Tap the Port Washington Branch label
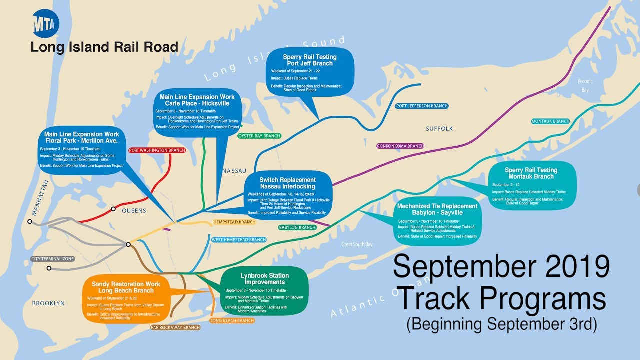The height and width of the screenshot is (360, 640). (157, 150)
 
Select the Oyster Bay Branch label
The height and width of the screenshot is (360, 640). (259, 136)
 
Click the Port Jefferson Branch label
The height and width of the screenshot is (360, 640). (421, 106)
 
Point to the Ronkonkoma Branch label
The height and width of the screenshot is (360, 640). (400, 146)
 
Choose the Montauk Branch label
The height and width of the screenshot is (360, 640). (550, 121)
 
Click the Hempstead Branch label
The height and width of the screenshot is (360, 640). (234, 222)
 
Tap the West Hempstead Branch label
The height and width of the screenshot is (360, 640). (239, 240)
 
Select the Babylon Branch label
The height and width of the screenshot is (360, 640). (297, 227)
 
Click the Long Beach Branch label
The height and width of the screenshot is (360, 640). (232, 320)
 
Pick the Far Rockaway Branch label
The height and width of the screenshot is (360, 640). (175, 328)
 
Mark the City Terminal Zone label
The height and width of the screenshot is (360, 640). (52, 259)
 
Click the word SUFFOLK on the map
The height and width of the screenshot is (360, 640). (439, 129)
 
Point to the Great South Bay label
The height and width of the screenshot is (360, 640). (357, 244)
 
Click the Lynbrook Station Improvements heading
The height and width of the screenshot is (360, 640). (264, 279)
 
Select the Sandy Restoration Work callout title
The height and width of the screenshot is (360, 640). (126, 287)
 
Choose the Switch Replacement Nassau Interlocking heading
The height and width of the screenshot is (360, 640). (287, 183)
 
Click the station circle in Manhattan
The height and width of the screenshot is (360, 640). (30, 221)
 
